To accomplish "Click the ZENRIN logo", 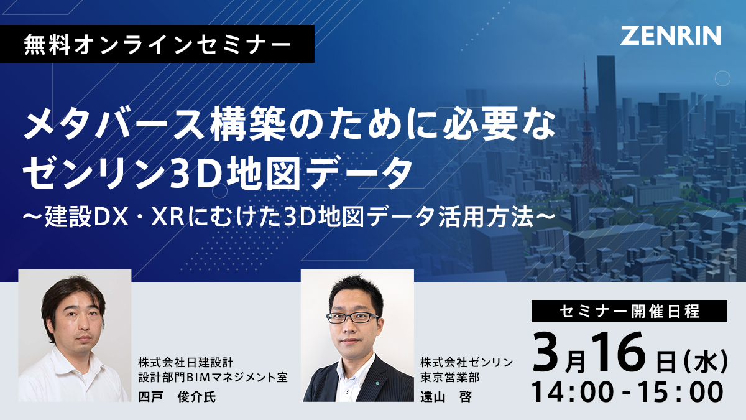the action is pyautogui.click(x=670, y=35).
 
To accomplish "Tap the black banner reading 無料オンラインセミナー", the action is pyautogui.click(x=157, y=44).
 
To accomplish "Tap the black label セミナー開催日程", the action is pyautogui.click(x=629, y=311).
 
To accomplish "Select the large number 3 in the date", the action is pyautogui.click(x=546, y=353).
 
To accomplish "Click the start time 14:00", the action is pyautogui.click(x=572, y=393).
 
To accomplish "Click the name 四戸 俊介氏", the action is pyautogui.click(x=177, y=397).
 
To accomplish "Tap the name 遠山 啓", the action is pyautogui.click(x=446, y=397).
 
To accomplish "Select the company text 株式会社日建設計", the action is pyautogui.click(x=186, y=362).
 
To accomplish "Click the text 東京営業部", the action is pyautogui.click(x=450, y=377).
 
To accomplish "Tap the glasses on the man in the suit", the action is pyautogui.click(x=352, y=317).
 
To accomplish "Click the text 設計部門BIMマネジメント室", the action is pyautogui.click(x=213, y=377).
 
